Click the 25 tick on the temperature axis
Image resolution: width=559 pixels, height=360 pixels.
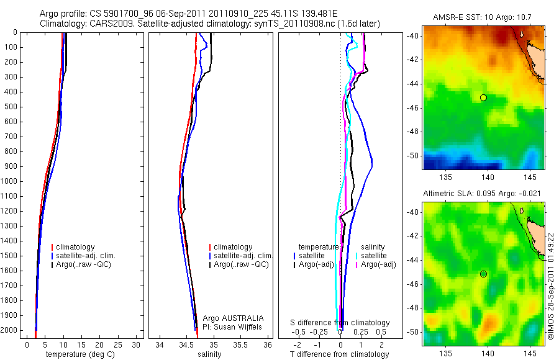(118, 344)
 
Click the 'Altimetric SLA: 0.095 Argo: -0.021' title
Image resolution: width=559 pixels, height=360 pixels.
(482, 194)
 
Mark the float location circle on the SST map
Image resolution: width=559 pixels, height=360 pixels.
(483, 97)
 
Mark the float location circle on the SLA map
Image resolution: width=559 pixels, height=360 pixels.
(483, 274)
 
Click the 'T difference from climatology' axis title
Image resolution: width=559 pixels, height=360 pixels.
(339, 354)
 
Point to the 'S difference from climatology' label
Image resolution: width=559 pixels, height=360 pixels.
(340, 323)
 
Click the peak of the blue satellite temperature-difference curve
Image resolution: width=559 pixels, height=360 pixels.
(371, 163)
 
